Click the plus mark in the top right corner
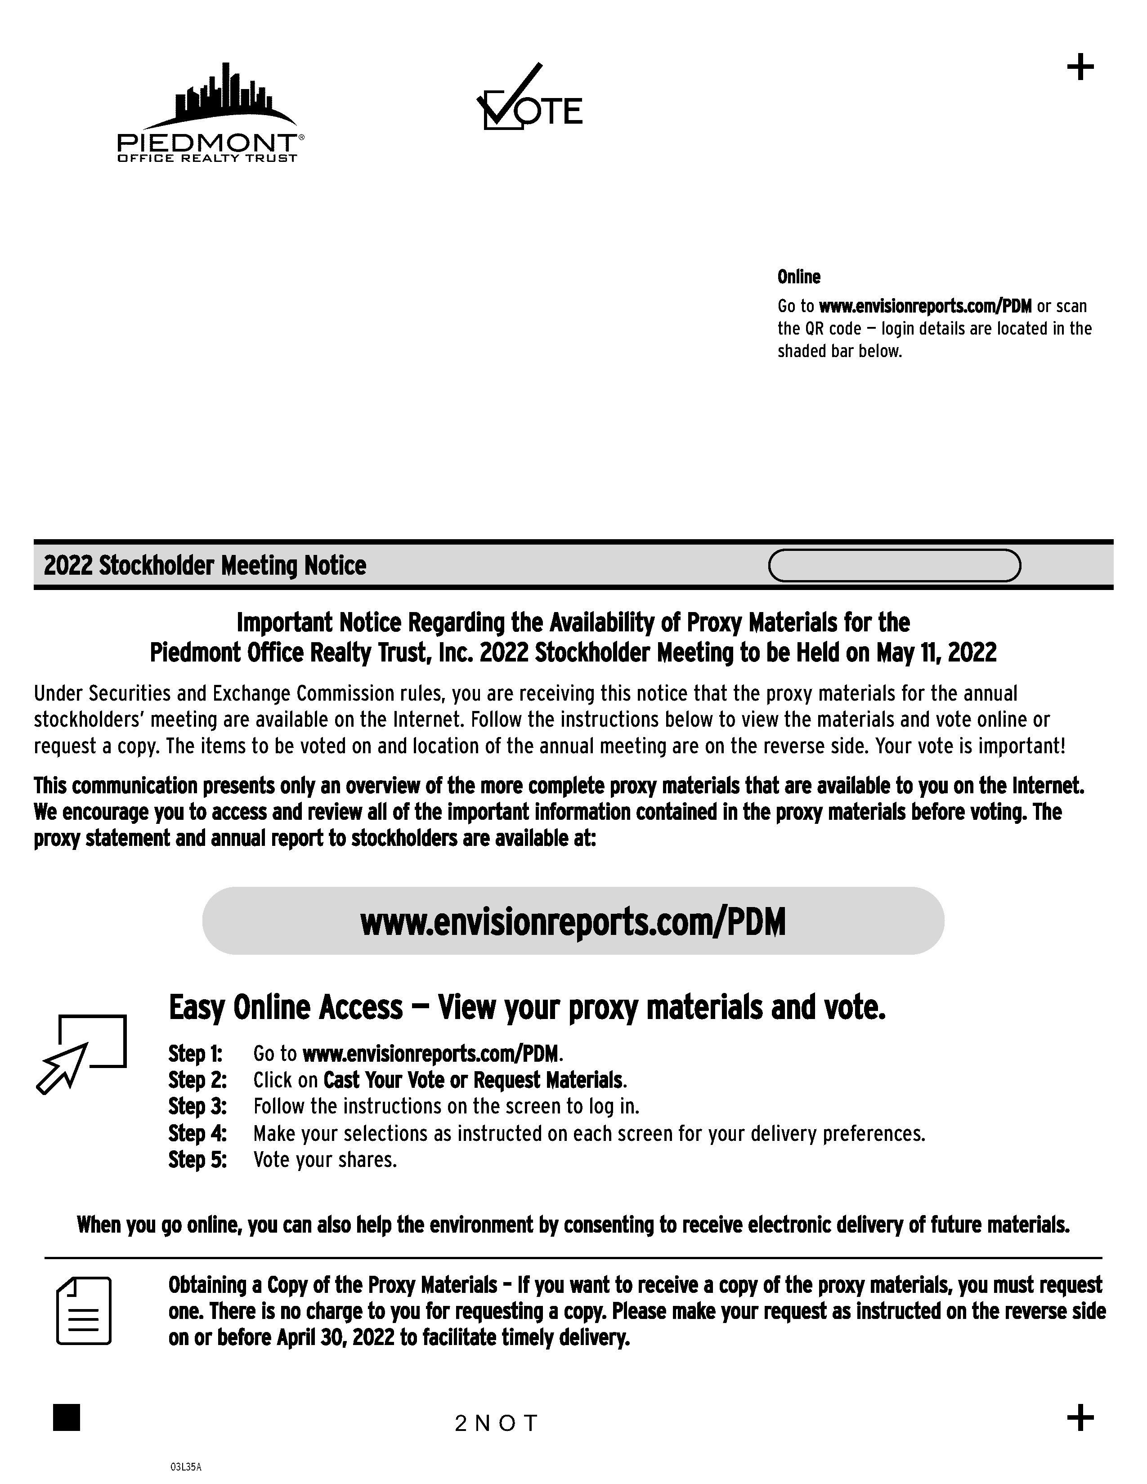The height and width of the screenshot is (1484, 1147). coord(1080,68)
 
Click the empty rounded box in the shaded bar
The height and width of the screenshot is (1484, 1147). coord(894,565)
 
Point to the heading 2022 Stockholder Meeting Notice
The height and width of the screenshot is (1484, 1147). coord(205,565)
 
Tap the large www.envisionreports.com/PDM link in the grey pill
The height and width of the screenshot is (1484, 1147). coord(573,922)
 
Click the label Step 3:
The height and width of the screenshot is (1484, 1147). coord(197,1107)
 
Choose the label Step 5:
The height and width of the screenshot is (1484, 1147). coord(197,1160)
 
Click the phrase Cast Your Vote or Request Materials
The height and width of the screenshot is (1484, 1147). coord(473,1080)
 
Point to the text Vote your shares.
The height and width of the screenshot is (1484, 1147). coord(325,1160)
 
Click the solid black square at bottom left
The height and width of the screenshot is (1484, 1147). coord(67,1417)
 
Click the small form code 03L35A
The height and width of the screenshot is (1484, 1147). coord(185,1467)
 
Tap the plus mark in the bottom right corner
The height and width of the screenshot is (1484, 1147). coord(1080,1417)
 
